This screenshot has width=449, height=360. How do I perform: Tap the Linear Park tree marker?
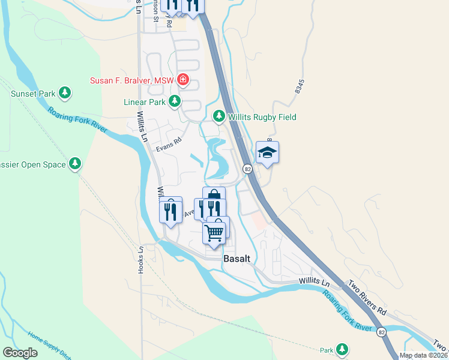[175, 101]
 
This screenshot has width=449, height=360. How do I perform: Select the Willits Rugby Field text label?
[262, 117]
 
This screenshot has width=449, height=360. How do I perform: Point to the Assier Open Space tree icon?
[75, 163]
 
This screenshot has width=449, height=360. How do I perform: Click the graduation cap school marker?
[267, 152]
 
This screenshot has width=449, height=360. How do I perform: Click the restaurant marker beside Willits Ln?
[170, 211]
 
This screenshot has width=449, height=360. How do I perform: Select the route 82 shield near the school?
[247, 170]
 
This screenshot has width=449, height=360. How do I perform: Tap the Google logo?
[20, 353]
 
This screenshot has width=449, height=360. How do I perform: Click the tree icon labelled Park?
[342, 349]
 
